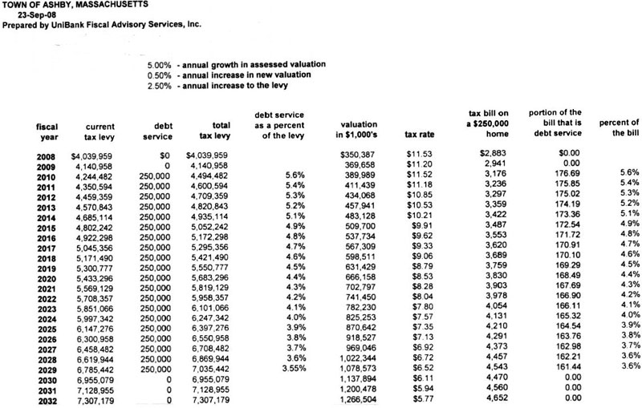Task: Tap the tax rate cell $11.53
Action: coord(419,154)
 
